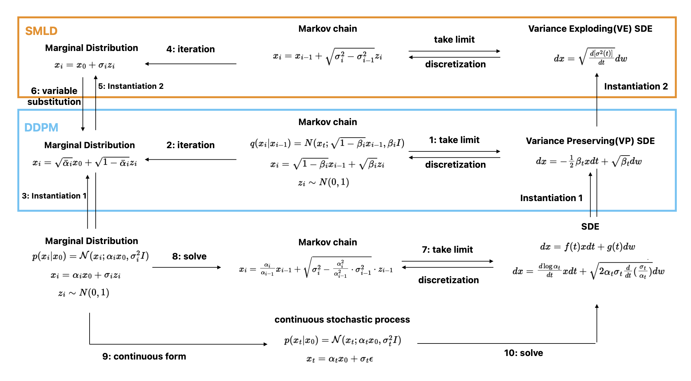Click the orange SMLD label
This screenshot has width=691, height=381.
coord(41,31)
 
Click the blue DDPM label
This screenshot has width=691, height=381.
coord(41,127)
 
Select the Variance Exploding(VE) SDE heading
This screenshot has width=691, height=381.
coord(590,29)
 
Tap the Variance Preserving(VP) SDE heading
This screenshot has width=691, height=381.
coord(590,141)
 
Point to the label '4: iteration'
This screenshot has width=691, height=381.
coord(190,49)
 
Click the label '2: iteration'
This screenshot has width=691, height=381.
coord(190,145)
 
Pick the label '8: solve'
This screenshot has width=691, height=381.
coord(189,256)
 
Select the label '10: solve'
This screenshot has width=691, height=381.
coord(523,353)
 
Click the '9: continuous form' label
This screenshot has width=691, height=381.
coord(144,356)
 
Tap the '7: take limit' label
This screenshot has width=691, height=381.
coord(447,250)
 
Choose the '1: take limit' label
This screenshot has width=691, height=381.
coord(454,140)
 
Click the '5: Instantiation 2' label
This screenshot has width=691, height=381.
coord(131,86)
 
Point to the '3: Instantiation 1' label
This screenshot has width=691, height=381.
coord(54,196)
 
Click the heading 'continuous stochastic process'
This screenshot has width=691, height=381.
coord(342,320)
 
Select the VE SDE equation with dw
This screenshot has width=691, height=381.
coord(590,57)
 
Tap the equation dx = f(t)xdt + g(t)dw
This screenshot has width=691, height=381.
coord(588,247)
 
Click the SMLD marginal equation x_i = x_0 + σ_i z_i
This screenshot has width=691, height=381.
coord(84,65)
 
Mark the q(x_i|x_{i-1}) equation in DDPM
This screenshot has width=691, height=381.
coord(327,143)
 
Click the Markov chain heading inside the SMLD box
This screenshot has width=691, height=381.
coord(328,29)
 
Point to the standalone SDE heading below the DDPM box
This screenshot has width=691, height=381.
coord(590,227)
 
